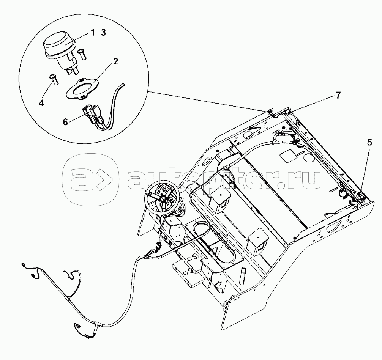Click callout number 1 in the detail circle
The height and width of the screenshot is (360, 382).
[92, 33]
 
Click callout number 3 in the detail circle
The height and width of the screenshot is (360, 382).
[103, 33]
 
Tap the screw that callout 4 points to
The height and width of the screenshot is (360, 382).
[54, 79]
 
